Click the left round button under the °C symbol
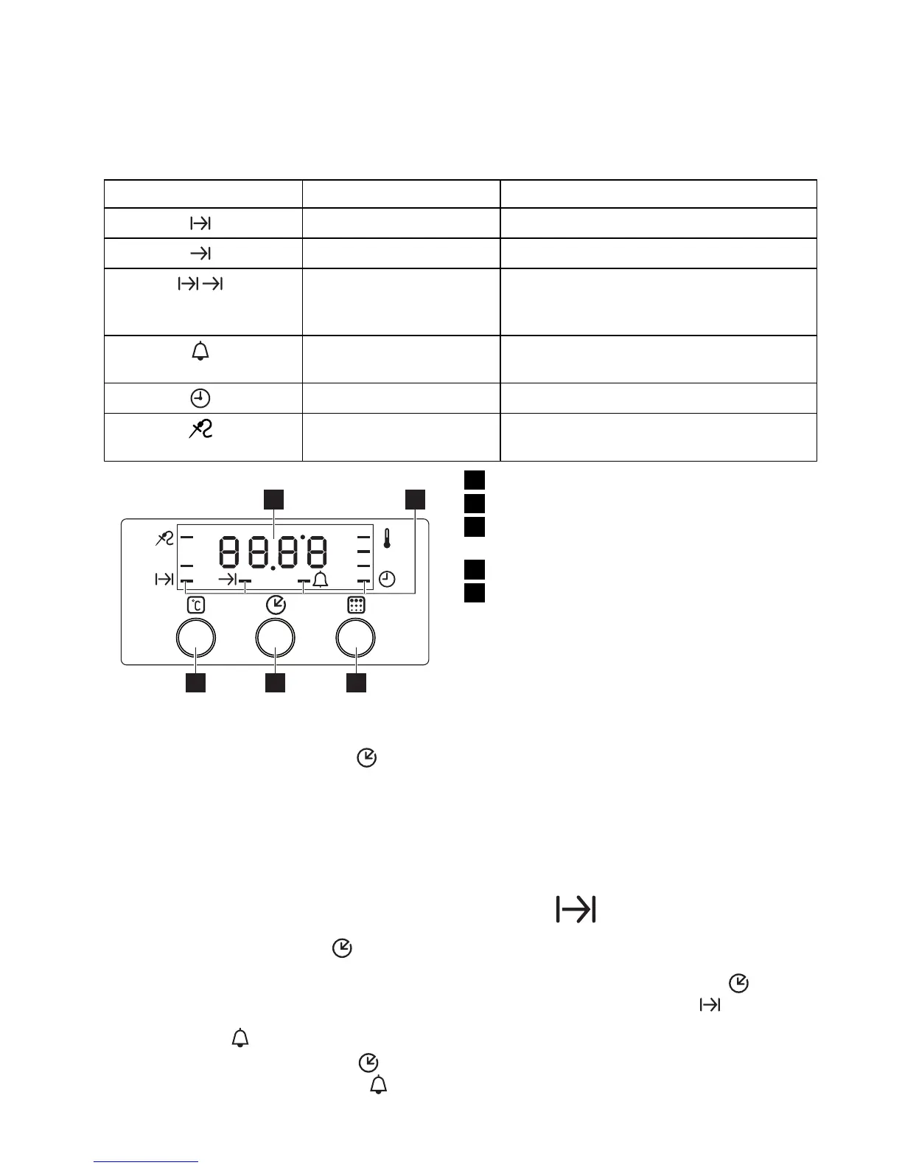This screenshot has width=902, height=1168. point(196,638)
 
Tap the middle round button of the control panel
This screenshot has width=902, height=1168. point(276,638)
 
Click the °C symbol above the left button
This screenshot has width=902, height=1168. point(196,606)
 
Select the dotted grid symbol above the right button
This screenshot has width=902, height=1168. point(356,605)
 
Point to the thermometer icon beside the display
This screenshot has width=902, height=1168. point(386,538)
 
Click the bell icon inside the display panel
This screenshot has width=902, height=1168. point(321,580)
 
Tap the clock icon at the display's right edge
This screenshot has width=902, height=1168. point(387,580)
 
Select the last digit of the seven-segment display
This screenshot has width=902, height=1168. point(315,552)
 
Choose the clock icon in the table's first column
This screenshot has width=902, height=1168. point(200,399)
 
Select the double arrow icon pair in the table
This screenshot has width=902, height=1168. point(200,284)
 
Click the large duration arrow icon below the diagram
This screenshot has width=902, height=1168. point(576,910)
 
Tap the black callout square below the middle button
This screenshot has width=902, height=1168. point(275,684)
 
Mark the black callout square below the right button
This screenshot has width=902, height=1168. point(356,684)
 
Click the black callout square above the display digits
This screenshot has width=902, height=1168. point(274,498)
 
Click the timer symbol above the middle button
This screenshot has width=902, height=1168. point(276,605)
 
